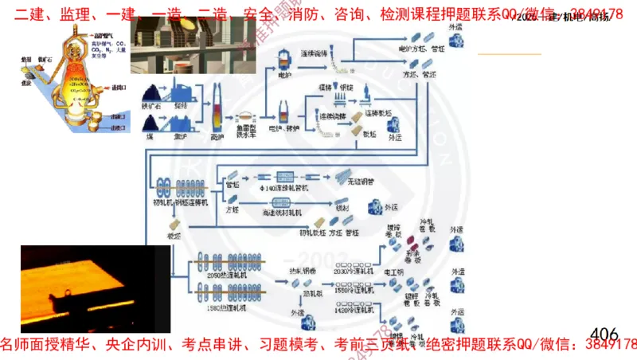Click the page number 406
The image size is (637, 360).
[x=605, y=332]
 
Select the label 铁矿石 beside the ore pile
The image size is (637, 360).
[x=152, y=104]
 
